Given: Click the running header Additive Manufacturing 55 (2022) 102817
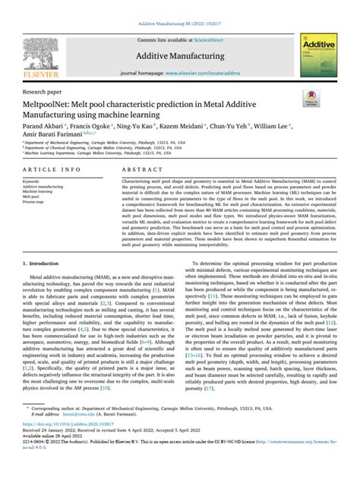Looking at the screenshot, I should pos(179,5).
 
